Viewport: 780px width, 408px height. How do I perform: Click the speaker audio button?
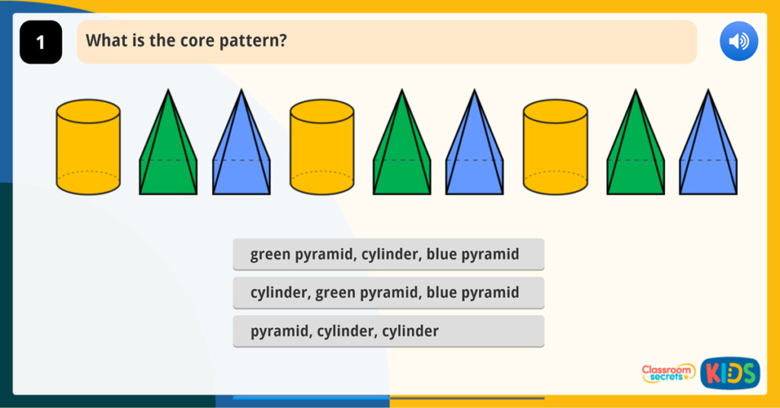pos(739,41)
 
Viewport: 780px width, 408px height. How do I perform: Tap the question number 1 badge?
pos(40,42)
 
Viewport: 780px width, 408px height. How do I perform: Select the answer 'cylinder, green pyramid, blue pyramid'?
pos(388,293)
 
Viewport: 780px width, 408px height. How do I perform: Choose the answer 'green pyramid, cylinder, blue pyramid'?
pos(388,254)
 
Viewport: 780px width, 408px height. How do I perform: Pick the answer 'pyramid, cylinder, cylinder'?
pos(388,332)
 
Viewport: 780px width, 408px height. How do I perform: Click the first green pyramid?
pos(168,153)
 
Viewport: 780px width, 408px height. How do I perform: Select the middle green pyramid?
pos(401,153)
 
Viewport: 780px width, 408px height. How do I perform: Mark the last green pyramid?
pos(635,153)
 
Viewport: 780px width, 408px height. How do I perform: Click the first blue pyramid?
pos(241,153)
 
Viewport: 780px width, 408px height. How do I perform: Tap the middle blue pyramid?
pos(475,153)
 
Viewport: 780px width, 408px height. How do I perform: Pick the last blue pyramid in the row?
pos(708,153)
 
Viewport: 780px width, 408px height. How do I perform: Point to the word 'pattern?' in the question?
pos(252,41)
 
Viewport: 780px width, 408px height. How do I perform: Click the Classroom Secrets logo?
pos(668,373)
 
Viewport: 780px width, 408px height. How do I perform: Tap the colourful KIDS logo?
pos(730,373)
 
